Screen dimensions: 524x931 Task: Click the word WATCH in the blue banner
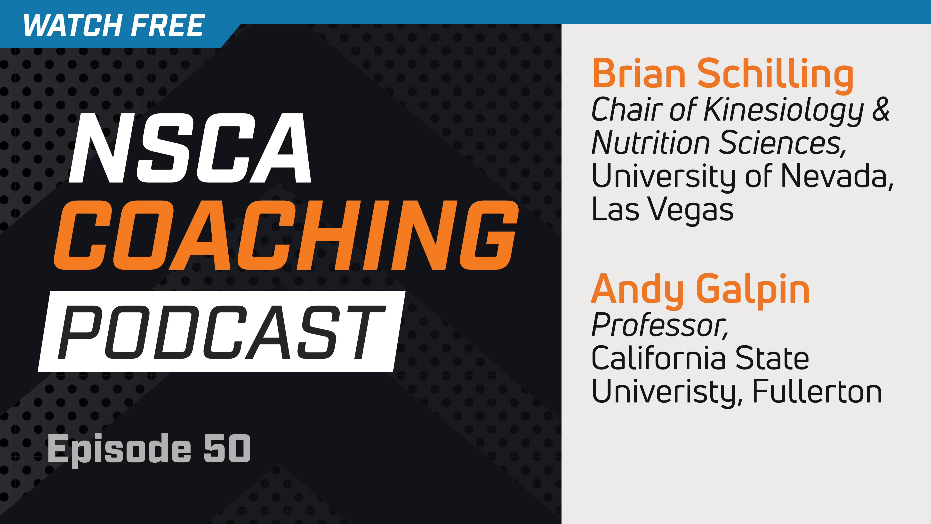(72, 25)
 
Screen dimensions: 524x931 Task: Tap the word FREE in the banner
(168, 25)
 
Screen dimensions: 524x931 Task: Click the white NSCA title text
(190, 148)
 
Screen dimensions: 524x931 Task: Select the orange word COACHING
(286, 235)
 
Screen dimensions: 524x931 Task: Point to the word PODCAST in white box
(221, 332)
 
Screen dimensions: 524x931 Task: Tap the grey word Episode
(119, 449)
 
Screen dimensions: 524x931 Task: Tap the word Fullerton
(817, 391)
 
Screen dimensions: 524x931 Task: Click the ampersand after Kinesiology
(881, 109)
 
